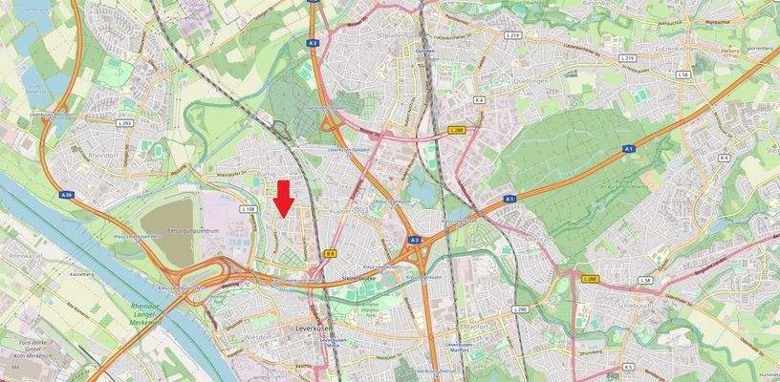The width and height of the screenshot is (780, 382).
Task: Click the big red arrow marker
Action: [x=284, y=198]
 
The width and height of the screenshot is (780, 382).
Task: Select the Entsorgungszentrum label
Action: [x=193, y=232]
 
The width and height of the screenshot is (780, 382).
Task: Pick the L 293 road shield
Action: [x=124, y=124]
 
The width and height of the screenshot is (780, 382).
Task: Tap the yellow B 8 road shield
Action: [x=330, y=254]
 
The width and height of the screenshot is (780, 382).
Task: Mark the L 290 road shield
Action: [x=520, y=309]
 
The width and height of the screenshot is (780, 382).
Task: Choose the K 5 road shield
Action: [x=628, y=366]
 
